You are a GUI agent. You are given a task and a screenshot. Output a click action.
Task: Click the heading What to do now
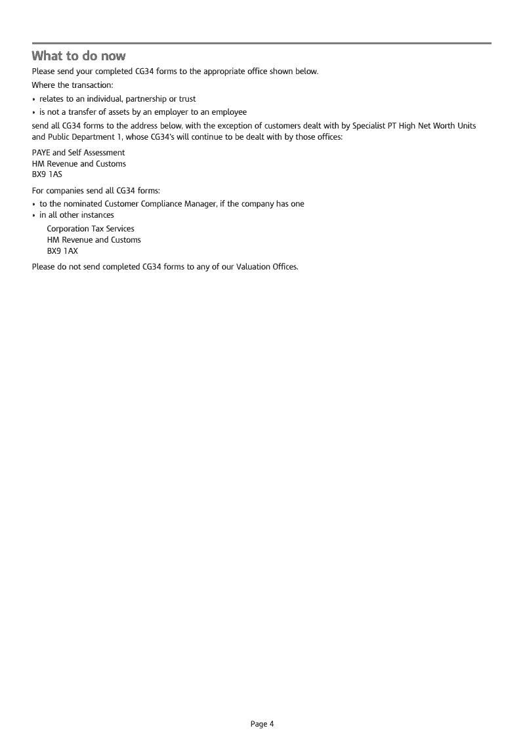point(79,55)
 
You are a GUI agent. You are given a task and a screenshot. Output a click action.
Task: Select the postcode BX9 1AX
point(62,251)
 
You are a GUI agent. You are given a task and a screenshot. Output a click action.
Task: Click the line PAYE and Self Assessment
point(78,153)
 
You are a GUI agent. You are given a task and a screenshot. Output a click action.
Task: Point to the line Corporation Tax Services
point(91,229)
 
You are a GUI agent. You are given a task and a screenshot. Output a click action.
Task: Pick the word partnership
point(146,99)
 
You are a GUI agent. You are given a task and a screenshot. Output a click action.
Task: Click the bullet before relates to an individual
point(34,100)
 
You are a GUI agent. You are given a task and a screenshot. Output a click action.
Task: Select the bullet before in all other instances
point(34,216)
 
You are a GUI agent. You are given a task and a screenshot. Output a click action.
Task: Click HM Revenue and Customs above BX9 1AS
point(79,164)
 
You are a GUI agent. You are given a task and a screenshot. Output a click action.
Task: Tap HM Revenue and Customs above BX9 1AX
point(94,240)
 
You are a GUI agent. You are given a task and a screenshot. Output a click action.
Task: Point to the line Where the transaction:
point(73,85)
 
